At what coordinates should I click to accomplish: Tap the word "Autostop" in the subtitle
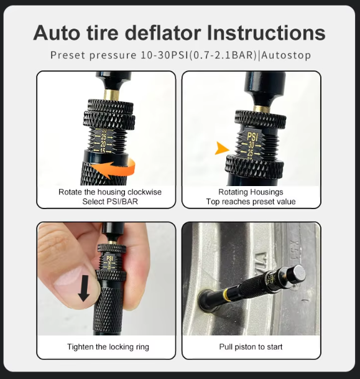click(287, 55)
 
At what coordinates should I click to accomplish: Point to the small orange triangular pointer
click(221, 148)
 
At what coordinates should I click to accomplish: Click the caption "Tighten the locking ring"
click(108, 347)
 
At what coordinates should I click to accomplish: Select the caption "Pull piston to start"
click(251, 347)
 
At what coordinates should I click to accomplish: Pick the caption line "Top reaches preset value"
click(251, 202)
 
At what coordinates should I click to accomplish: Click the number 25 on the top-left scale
click(104, 136)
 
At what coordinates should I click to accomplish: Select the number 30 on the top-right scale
click(252, 144)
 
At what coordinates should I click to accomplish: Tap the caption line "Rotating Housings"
click(251, 192)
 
